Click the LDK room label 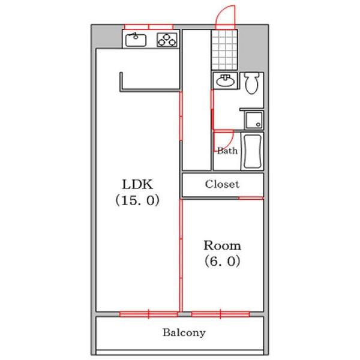coord(137,184)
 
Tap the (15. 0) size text coord(137,200)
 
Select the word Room coord(222,245)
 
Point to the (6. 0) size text coord(222,261)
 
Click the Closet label coord(222,184)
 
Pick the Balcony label coord(184,332)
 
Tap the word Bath coord(227,151)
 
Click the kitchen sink coord(136,40)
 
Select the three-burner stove coord(167,40)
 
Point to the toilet coord(251,83)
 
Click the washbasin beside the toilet coord(225,80)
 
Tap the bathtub coord(253,151)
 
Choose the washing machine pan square coord(254,121)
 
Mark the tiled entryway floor coord(224,50)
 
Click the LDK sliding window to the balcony coord(149,314)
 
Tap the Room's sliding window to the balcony coord(220,314)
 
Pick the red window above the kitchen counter coord(149,26)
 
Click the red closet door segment coord(251,198)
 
